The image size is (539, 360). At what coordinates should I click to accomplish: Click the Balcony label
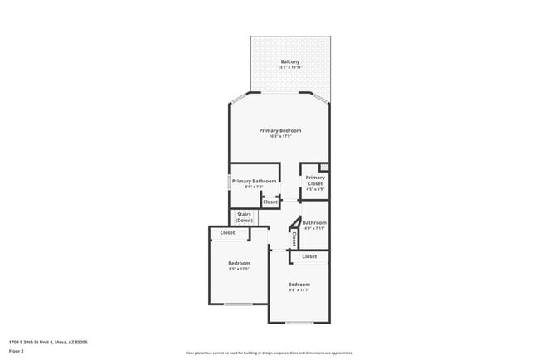[289, 62]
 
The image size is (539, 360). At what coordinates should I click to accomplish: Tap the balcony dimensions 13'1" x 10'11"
[289, 68]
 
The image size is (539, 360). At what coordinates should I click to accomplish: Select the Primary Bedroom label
[279, 130]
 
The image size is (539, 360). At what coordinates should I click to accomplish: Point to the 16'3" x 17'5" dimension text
[279, 137]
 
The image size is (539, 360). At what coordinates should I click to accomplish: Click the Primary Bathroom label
[254, 181]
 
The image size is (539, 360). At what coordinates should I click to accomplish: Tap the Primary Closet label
[315, 180]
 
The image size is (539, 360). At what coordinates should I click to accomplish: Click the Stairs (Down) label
[244, 217]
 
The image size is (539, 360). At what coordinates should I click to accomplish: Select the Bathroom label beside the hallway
[314, 222]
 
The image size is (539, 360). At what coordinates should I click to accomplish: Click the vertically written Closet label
[294, 240]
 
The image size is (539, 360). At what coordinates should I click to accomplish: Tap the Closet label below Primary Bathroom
[270, 202]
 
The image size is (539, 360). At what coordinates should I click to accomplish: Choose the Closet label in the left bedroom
[227, 233]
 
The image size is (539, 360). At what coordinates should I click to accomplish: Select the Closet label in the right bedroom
[309, 256]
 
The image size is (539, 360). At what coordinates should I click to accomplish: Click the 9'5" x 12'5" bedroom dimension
[239, 269]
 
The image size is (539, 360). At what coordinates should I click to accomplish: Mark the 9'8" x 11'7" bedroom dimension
[299, 290]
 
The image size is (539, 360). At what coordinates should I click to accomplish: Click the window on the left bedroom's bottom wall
[238, 304]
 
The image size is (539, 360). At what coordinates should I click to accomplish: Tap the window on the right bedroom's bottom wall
[299, 322]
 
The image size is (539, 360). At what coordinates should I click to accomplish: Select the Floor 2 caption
[17, 351]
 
